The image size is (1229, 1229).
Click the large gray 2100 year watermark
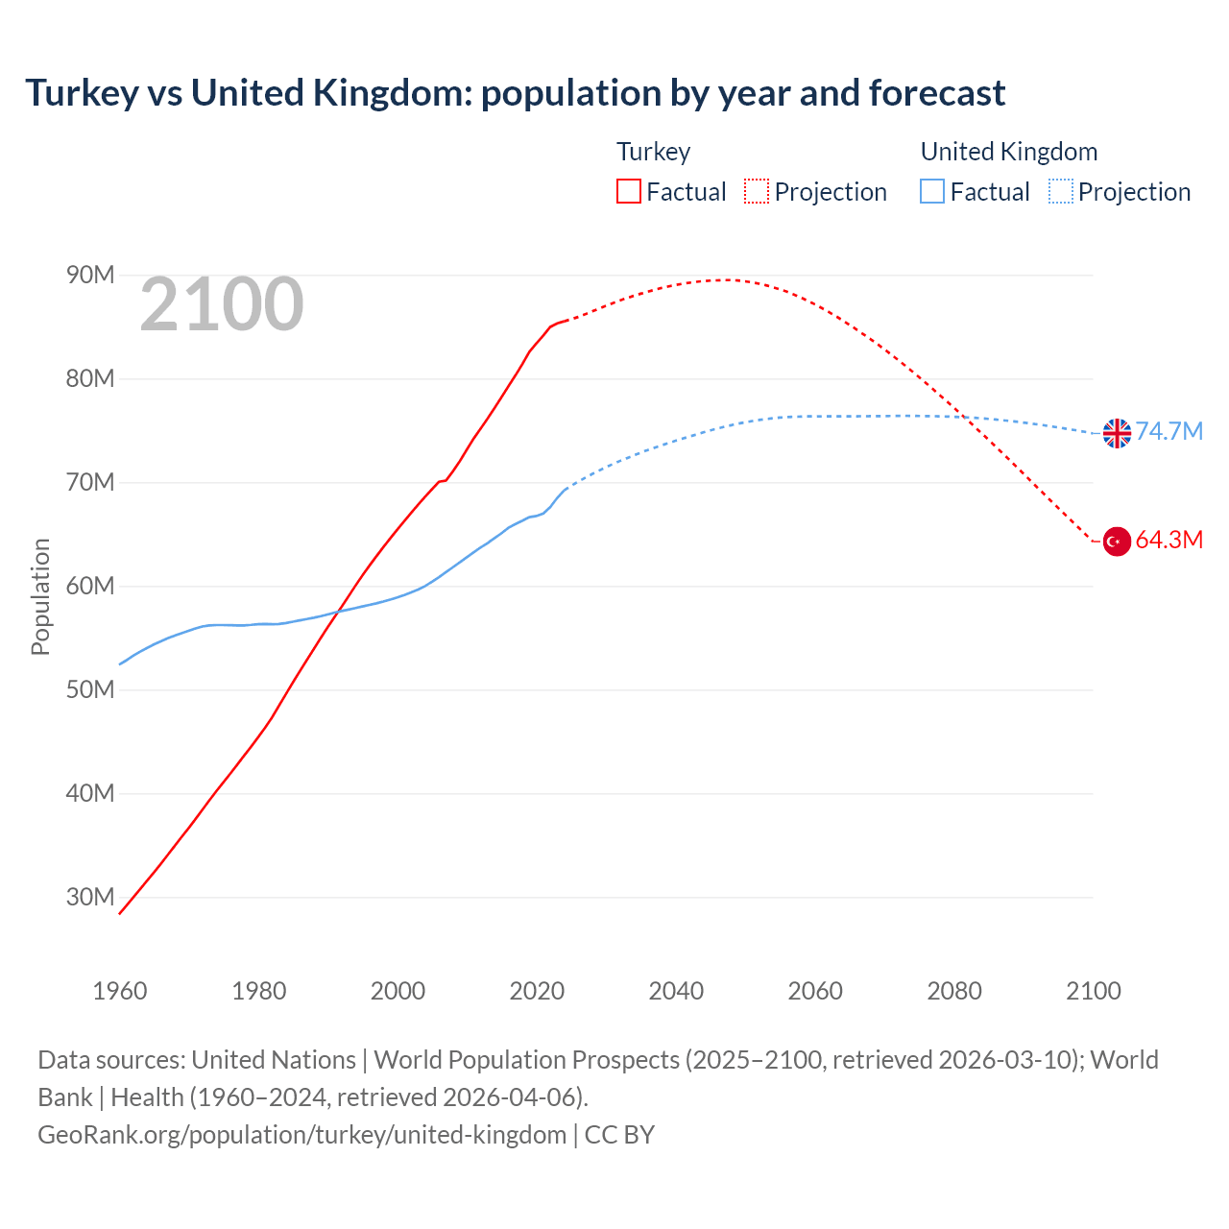tap(222, 305)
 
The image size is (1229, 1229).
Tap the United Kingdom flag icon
tap(1117, 433)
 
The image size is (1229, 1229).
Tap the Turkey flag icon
tap(1117, 542)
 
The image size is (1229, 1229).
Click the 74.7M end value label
tap(1169, 431)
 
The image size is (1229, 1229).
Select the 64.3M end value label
tap(1169, 540)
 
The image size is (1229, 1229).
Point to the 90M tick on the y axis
tap(90, 276)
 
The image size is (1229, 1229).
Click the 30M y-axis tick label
tap(90, 897)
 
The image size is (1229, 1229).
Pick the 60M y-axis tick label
tap(90, 586)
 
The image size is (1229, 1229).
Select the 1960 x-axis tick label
tap(120, 991)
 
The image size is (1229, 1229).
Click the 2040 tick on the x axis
tap(676, 991)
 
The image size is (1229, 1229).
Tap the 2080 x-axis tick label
tap(954, 991)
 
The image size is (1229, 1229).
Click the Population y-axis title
tap(40, 596)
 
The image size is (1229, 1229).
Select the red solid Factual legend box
tap(629, 192)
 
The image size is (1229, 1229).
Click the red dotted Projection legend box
tap(757, 192)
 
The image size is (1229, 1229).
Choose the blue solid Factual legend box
tap(932, 192)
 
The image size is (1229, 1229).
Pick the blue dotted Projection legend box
tap(1061, 192)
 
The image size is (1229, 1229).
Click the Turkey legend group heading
tap(653, 152)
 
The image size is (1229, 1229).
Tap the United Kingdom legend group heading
tap(1008, 152)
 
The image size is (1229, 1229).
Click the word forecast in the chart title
tap(937, 93)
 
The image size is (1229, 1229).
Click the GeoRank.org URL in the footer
tap(301, 1135)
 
